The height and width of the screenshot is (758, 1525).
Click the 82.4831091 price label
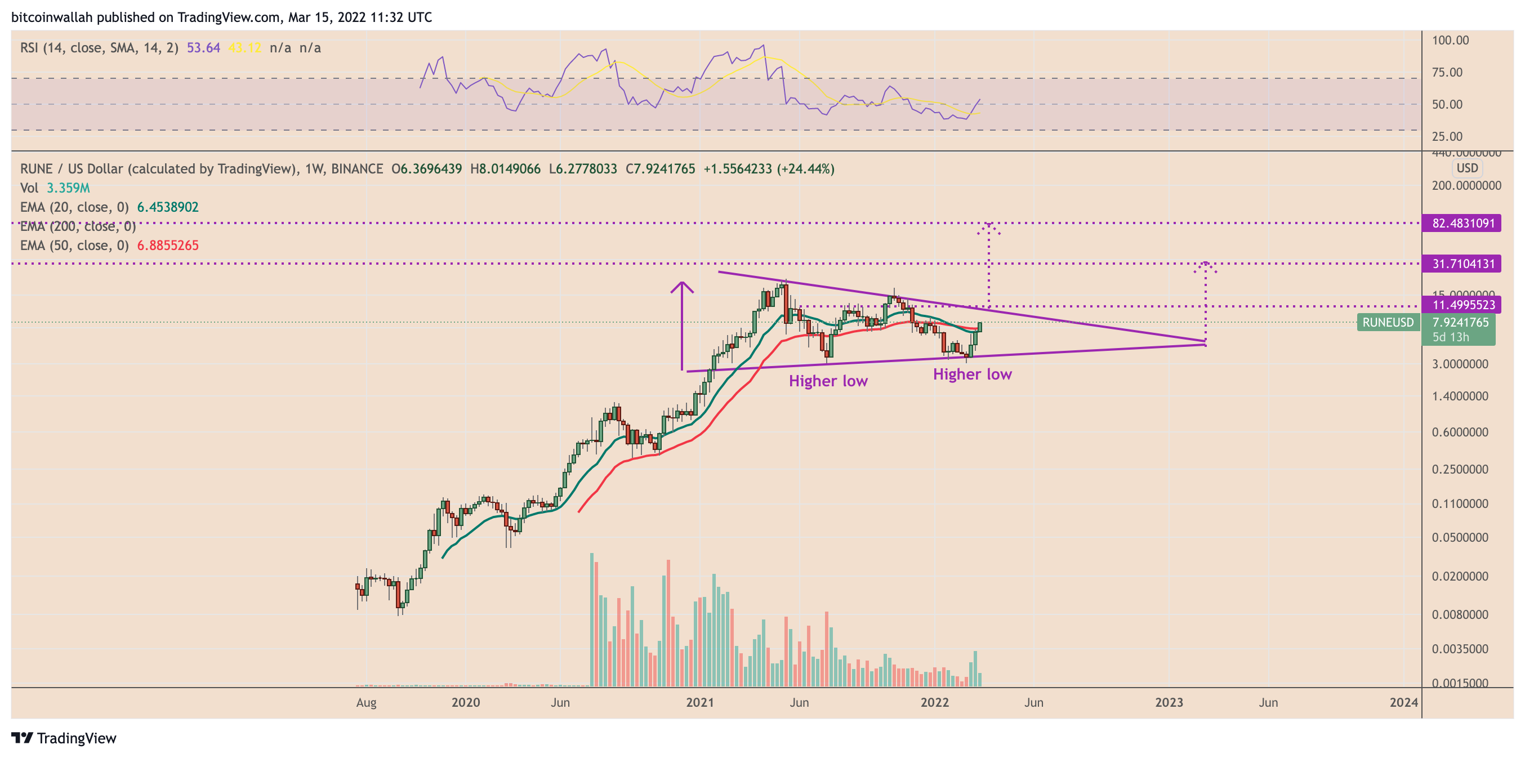coord(1463,223)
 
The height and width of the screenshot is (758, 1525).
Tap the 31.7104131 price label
coord(1463,264)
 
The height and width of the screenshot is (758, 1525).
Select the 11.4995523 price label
coord(1463,305)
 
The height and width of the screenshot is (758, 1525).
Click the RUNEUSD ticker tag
coord(1388,322)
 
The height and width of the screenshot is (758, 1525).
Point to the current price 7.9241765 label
coord(1460,322)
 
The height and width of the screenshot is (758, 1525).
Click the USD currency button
coord(1467,168)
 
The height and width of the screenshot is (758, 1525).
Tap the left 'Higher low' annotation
coord(828,381)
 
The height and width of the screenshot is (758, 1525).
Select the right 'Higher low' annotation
coord(972,374)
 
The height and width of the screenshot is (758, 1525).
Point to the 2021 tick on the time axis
coord(700,702)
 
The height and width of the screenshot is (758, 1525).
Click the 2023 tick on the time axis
coord(1169,702)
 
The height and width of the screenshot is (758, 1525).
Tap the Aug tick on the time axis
coord(366,702)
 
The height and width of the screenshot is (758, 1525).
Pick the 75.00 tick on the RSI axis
coord(1447,72)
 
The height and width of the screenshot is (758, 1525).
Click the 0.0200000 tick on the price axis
coord(1459,576)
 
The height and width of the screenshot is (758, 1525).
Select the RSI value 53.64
coord(203,48)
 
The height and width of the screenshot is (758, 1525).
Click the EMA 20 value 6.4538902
coord(168,207)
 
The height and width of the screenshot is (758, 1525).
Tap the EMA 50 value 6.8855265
coord(168,245)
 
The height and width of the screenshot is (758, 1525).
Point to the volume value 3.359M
coord(68,188)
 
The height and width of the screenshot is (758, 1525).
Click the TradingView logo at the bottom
coord(64,738)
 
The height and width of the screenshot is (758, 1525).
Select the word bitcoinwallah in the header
coord(51,17)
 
